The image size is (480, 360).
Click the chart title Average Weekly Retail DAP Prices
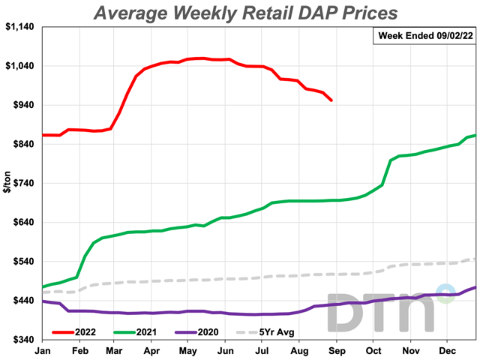(x=245, y=13)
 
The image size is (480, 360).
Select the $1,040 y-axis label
(x=21, y=66)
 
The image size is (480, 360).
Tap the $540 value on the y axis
(x=25, y=262)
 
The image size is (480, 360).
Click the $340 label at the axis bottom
(x=25, y=340)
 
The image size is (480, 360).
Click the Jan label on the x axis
(x=43, y=350)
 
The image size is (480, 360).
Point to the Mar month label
(x=114, y=350)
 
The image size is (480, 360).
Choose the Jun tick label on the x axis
(x=225, y=350)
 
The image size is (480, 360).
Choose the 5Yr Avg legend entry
(x=267, y=331)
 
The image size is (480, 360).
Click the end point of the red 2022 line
(x=331, y=100)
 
